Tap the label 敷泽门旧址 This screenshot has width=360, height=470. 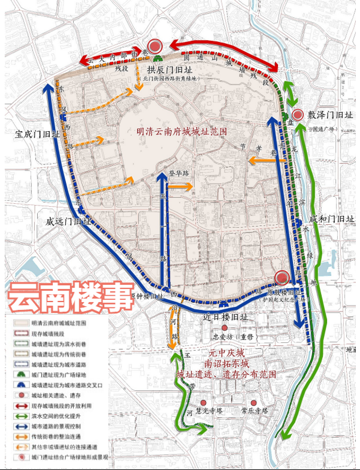coord(329,115)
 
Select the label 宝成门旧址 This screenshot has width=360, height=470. coord(38,135)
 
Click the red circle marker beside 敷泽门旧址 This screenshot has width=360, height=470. coord(298,115)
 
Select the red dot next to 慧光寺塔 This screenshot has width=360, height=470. coord(203,403)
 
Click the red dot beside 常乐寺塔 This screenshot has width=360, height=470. coord(253,403)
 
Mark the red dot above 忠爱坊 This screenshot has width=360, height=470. coord(224,328)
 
